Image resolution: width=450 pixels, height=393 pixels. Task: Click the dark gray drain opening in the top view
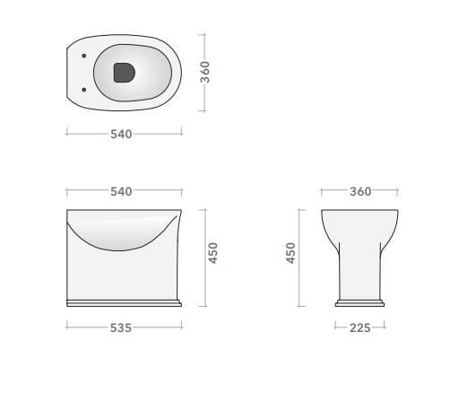coord(124,73)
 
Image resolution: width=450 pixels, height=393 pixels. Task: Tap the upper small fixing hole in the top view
coord(83,56)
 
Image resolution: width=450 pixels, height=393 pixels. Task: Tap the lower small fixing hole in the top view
coord(83,89)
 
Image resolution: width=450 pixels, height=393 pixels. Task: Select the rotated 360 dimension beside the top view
coord(205,73)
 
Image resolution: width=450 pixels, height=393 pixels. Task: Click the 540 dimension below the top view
coord(121,134)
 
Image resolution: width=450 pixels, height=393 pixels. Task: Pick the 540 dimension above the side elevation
coord(121,191)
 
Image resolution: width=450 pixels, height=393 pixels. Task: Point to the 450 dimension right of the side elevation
coord(212,254)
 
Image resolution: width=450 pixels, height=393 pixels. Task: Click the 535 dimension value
coord(121,327)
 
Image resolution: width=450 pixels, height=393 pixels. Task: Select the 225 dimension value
coord(359,327)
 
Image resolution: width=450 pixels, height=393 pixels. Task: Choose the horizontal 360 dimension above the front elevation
coord(359,191)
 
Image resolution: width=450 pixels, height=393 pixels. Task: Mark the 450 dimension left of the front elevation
coord(290,254)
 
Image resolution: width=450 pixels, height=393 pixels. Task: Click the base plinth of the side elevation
coord(124,301)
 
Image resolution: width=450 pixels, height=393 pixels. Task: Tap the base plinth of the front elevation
coord(359,301)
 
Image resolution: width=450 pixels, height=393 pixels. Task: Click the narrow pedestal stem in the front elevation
coord(359,269)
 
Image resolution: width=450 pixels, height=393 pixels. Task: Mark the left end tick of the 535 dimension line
coord(66,327)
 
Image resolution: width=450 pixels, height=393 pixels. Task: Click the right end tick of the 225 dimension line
coord(385,327)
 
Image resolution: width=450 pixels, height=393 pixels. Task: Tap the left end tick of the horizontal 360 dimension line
coord(322,191)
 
